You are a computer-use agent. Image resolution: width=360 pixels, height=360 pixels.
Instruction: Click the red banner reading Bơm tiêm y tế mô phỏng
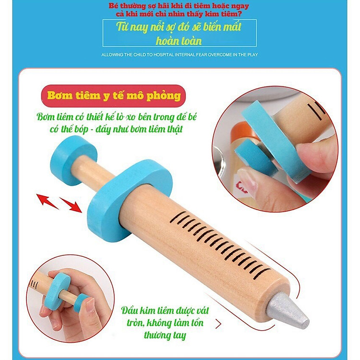tap(114, 96)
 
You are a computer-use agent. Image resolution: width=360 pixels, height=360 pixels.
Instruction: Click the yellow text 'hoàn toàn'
tap(179, 40)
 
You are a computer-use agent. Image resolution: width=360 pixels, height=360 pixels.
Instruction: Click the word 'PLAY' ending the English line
tap(252, 55)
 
